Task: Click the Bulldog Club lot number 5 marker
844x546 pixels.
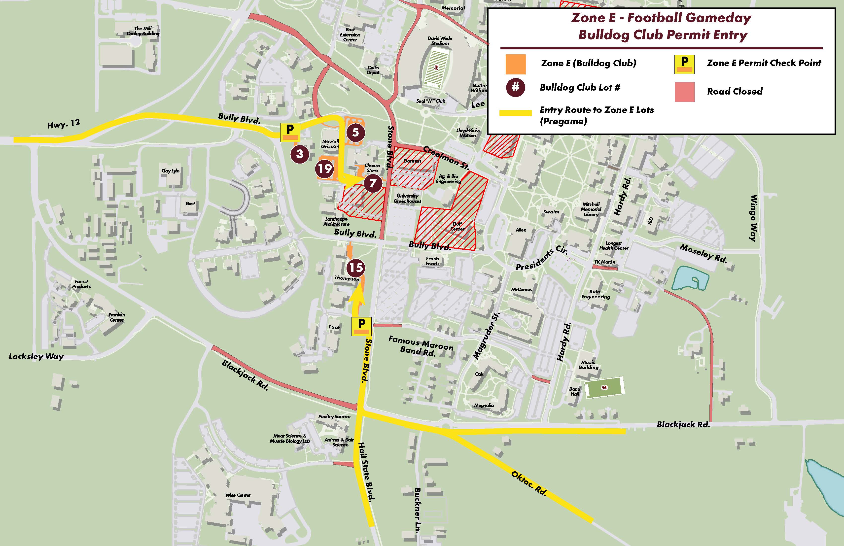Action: pos(355,132)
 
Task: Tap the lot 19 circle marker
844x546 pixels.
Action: pos(324,169)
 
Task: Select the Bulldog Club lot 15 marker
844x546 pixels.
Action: pos(356,268)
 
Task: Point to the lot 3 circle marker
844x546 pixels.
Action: pos(300,154)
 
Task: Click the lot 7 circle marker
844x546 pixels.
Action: pos(373,183)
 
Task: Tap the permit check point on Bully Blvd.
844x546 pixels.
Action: pos(290,132)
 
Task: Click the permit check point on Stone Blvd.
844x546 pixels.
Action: pos(361,326)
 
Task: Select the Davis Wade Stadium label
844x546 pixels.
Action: pos(440,41)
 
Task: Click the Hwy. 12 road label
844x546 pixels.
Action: pos(64,124)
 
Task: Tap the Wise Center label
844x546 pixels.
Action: pos(238,495)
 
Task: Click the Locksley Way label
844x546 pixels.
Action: pos(36,356)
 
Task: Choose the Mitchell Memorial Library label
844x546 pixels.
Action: pos(591,209)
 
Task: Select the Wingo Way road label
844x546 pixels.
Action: pos(754,218)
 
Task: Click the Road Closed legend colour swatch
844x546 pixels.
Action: pos(684,92)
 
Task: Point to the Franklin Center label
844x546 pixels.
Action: pos(117,317)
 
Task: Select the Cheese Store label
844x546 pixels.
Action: pos(372,168)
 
